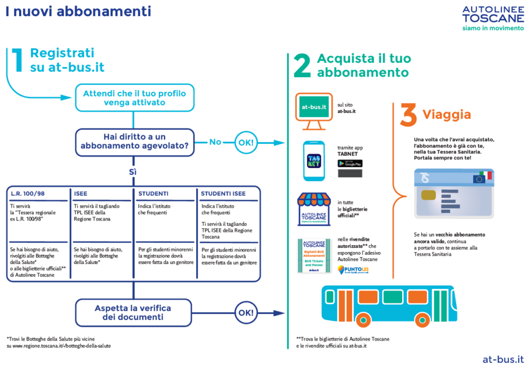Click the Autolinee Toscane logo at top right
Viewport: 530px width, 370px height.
(x=492, y=18)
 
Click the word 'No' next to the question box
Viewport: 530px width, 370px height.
(x=215, y=142)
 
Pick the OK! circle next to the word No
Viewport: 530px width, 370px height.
(x=245, y=142)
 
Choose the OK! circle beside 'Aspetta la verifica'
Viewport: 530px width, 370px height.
(x=245, y=313)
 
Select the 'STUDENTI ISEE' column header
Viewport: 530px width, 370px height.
(x=224, y=194)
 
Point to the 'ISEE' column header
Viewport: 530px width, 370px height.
(x=81, y=194)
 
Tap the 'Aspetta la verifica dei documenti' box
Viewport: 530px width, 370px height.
(x=132, y=313)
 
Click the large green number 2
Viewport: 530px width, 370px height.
(x=302, y=67)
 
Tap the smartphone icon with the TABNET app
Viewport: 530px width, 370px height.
(x=314, y=160)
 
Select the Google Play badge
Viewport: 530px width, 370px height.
(x=350, y=163)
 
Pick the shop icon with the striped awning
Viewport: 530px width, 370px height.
(x=314, y=210)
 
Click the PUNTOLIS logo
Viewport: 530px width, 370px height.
(x=349, y=270)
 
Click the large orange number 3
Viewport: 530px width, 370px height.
(x=408, y=115)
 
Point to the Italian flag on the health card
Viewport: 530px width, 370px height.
(x=486, y=176)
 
